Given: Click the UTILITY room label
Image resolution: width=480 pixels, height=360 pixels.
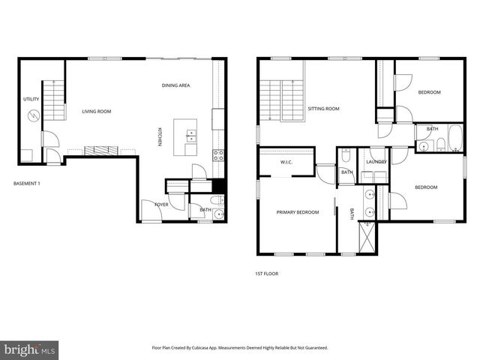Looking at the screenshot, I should click(x=31, y=99).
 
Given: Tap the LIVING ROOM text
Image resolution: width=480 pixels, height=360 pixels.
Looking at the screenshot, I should click(x=96, y=112).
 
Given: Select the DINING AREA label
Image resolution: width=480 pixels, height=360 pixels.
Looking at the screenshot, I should click(x=175, y=85).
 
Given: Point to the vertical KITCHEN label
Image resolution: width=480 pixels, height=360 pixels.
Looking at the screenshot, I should click(x=160, y=136).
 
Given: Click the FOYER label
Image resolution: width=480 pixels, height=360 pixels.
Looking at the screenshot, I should click(x=161, y=204).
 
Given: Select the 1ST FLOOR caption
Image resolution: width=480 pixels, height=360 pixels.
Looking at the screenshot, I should click(x=266, y=274).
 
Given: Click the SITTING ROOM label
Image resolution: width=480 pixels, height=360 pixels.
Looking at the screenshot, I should click(x=324, y=109).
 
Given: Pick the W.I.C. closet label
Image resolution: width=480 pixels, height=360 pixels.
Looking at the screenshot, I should click(x=286, y=162).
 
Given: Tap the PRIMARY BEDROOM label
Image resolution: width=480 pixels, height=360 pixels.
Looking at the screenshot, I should click(x=298, y=212).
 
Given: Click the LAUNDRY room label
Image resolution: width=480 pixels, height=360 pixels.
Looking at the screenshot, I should click(x=376, y=162).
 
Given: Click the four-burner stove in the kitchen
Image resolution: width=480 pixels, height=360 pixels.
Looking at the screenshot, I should click(x=218, y=155).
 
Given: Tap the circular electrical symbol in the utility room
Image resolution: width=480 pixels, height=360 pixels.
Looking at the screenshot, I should click(x=33, y=116).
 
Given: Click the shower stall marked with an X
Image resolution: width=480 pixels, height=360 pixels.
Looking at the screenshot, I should click(x=368, y=237).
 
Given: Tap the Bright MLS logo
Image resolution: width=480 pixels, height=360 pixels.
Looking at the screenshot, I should click(x=29, y=349).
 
